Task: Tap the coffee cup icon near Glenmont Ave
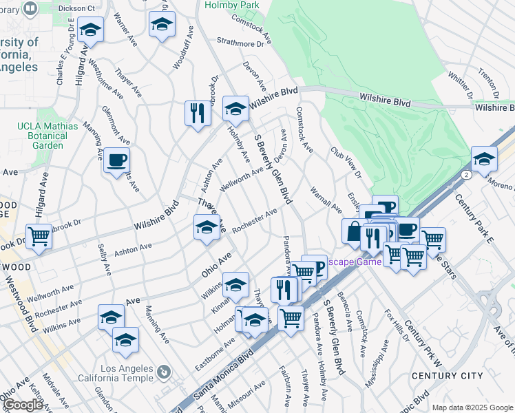click(116, 161)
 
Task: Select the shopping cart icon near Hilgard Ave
click(39, 236)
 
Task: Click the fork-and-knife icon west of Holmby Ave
click(198, 113)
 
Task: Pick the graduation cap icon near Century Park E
click(484, 158)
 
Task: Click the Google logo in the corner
click(22, 405)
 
